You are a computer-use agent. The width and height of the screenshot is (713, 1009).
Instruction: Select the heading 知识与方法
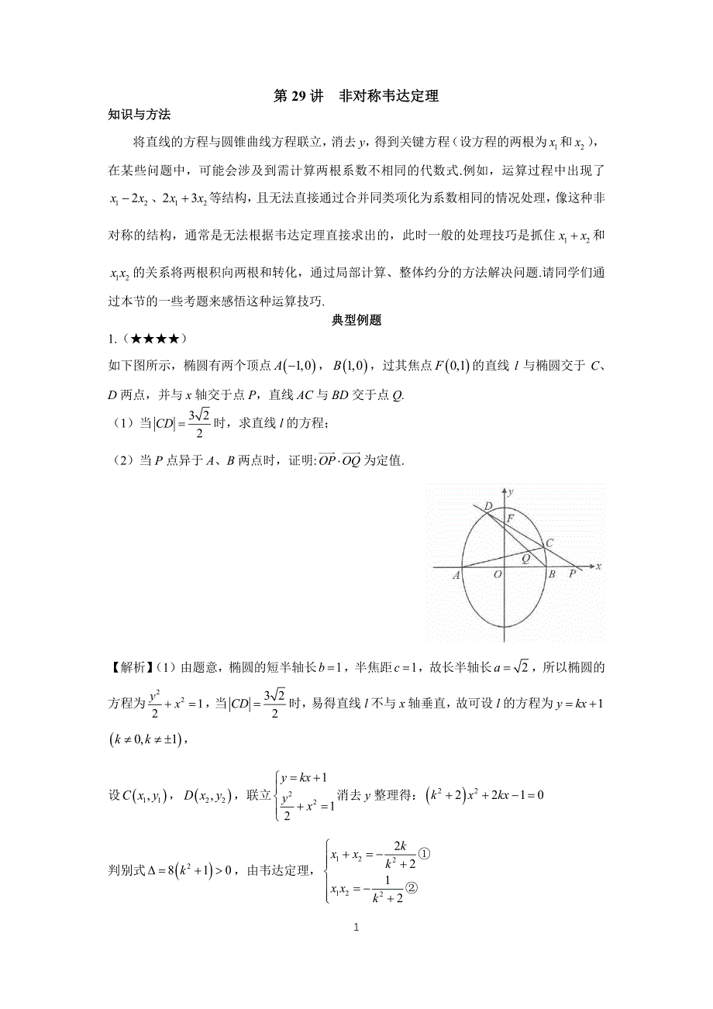(139, 115)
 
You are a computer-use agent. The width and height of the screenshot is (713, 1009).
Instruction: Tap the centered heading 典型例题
(356, 321)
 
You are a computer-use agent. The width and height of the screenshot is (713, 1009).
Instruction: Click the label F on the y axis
(510, 517)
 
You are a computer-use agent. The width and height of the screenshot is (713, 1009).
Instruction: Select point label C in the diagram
(549, 543)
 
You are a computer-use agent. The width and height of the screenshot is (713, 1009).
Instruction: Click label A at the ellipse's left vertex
(456, 575)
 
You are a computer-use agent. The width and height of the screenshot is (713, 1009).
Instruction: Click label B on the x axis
(551, 575)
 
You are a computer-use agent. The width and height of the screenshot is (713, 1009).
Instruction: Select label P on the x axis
(573, 575)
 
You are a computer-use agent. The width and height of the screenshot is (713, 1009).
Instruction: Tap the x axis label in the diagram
(599, 567)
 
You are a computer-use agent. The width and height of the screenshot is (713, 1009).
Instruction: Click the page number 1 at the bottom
(356, 926)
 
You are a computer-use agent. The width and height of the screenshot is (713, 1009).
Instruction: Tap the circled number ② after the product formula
(413, 890)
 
